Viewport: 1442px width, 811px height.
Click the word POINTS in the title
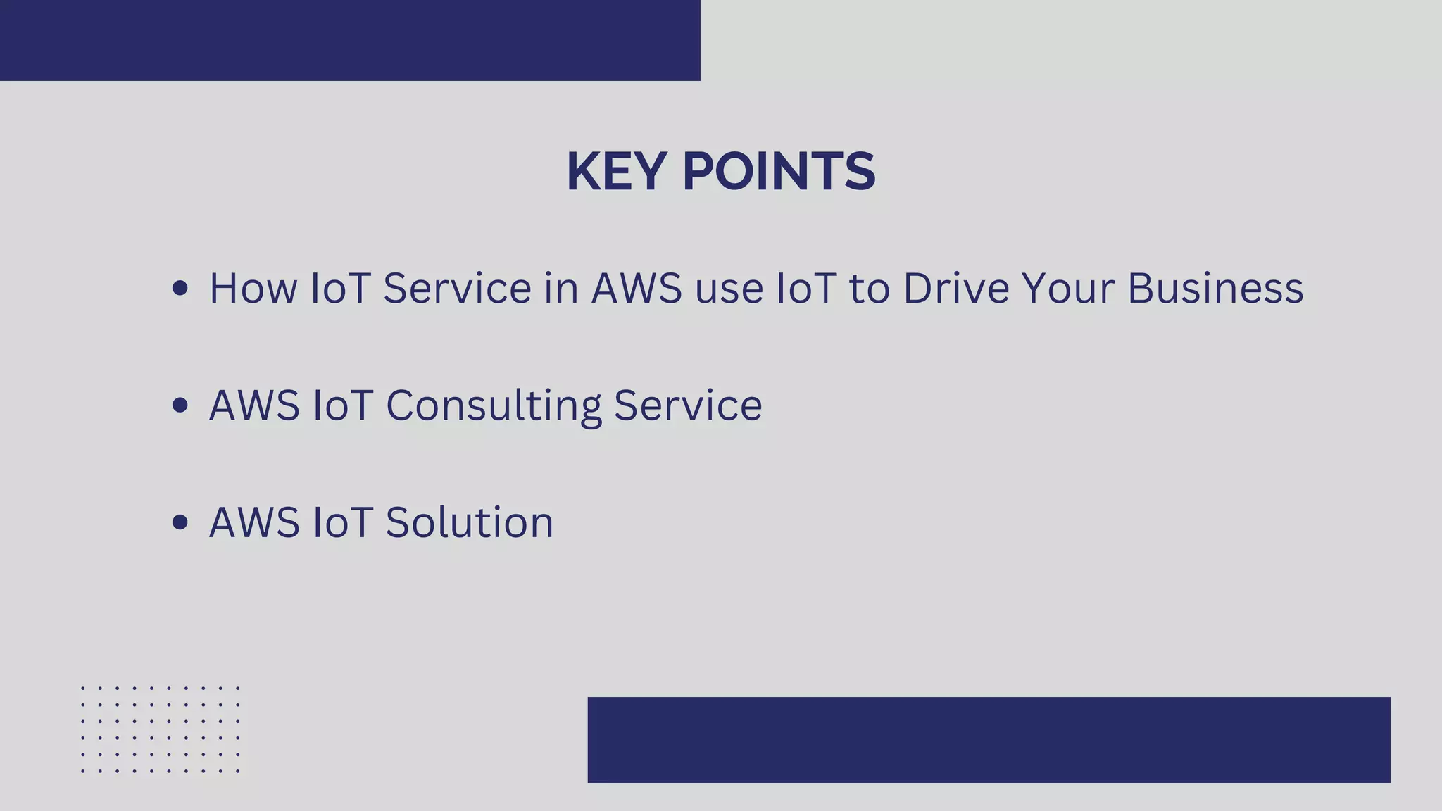[779, 172]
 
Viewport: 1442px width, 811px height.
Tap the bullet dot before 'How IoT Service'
[180, 288]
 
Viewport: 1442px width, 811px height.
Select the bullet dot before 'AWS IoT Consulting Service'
[180, 405]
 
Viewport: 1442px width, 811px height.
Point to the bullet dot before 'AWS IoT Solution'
[180, 522]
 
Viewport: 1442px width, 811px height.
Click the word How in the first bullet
[253, 289]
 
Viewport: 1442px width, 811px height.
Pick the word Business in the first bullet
[1215, 289]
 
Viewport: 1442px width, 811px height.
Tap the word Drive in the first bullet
[956, 289]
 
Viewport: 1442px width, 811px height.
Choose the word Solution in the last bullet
[470, 522]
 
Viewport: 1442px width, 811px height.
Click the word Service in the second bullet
[688, 405]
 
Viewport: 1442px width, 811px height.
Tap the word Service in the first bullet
[457, 289]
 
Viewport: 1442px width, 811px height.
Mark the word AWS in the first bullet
[637, 289]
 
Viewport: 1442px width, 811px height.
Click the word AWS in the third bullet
[254, 522]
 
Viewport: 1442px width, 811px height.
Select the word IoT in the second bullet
[342, 405]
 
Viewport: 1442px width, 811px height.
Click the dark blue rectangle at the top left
[350, 40]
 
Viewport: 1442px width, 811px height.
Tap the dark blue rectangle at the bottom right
[989, 739]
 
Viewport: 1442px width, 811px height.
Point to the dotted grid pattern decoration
[161, 729]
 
